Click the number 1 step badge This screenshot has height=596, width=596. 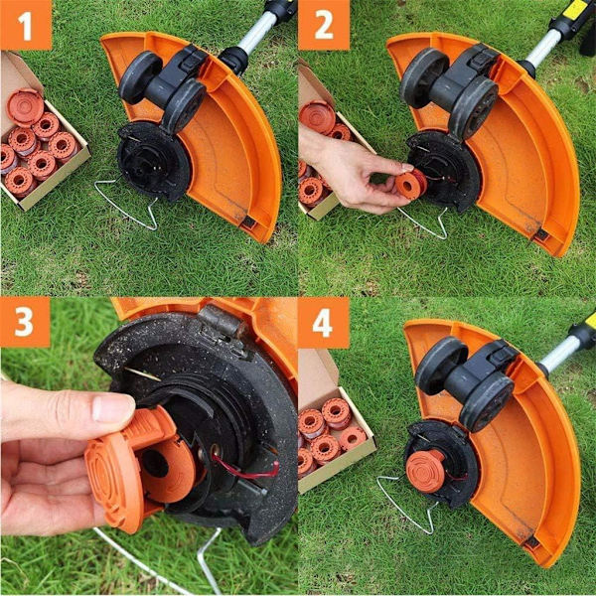point(26,25)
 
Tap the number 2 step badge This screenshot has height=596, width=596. point(324,25)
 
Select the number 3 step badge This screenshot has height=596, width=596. point(25,322)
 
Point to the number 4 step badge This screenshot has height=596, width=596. point(324,323)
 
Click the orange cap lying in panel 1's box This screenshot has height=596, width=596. point(25,107)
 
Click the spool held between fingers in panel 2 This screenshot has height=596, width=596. point(411,185)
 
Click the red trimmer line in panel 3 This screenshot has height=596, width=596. point(247,468)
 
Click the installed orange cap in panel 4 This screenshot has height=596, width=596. point(425,471)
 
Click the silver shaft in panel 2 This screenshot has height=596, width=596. point(544,47)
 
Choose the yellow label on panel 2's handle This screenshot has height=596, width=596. point(577,8)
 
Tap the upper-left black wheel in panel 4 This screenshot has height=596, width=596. point(441,366)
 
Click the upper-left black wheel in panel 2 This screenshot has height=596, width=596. point(424,77)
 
